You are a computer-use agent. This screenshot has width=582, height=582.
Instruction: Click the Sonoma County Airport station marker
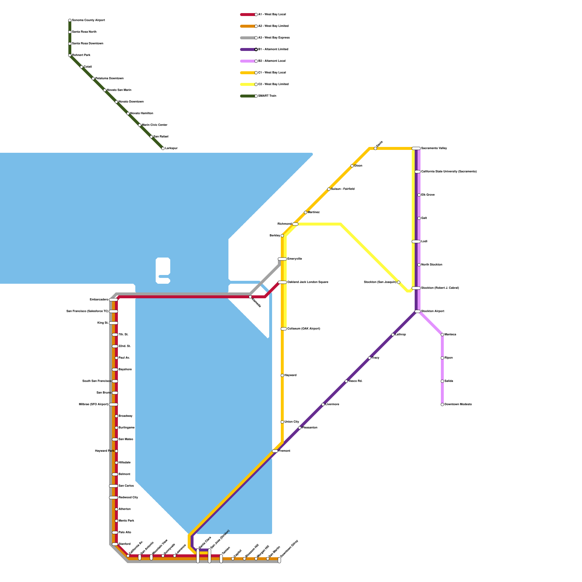pos(70,20)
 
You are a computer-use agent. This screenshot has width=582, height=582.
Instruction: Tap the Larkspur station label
pos(171,148)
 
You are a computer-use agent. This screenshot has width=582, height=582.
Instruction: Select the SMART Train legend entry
pos(267,96)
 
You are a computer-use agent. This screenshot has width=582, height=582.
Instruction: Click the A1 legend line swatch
pos(247,15)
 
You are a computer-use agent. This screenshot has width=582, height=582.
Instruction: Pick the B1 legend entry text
pos(273,49)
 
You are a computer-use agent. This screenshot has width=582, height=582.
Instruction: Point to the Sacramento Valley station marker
pos(416,148)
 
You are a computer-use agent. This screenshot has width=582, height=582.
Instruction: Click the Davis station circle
pos(375,148)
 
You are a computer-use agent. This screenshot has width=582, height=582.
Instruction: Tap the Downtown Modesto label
pos(458,404)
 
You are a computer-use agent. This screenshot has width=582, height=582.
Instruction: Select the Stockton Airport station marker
pos(418,311)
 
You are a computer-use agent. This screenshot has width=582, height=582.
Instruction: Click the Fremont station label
pos(284,451)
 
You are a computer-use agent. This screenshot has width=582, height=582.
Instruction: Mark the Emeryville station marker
pos(282,259)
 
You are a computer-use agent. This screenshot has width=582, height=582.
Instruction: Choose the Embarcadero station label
pos(99,300)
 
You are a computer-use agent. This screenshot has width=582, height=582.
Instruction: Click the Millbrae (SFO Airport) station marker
pos(113,404)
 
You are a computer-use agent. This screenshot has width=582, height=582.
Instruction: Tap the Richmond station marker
pos(295,224)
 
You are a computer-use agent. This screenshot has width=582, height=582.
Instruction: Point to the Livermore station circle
pos(323,404)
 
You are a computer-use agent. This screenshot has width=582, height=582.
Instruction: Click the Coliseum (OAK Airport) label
pos(304,329)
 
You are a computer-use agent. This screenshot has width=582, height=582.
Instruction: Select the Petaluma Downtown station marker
pos(93,79)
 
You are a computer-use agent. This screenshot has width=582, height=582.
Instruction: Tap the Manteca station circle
pos(442,335)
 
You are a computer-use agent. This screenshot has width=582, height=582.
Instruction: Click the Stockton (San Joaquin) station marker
pos(399,282)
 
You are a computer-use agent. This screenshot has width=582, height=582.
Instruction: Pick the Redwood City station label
pos(128,498)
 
